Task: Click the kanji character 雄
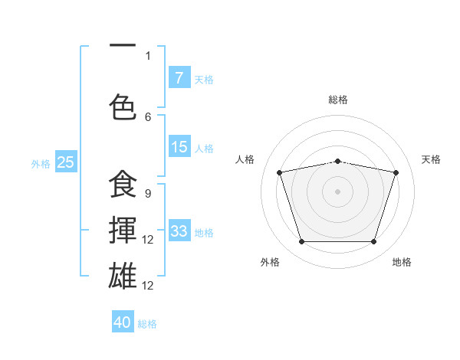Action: click(123, 274)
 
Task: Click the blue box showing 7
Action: click(179, 78)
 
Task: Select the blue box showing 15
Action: click(179, 148)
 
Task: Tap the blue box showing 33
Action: click(179, 231)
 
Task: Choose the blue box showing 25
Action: click(65, 162)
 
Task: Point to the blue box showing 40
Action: click(123, 322)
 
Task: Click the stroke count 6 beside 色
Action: click(148, 116)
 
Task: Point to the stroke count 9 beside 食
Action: click(148, 193)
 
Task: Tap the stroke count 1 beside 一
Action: click(148, 55)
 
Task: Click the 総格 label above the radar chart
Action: click(338, 100)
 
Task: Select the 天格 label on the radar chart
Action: click(431, 159)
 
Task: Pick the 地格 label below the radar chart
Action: click(402, 262)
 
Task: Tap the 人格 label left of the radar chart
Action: click(245, 159)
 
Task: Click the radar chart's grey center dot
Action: click(338, 191)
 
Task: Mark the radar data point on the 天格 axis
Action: click(396, 172)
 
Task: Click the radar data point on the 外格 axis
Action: click(302, 242)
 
